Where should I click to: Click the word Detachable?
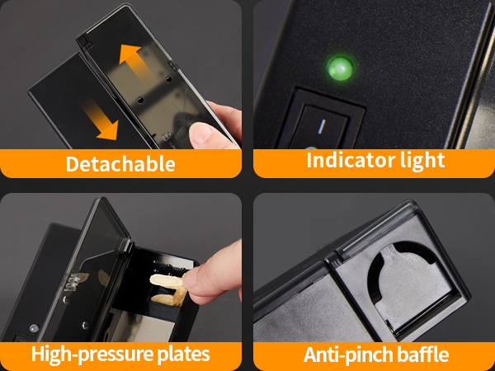[x=120, y=164]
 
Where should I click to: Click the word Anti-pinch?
[x=344, y=355]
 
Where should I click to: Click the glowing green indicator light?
[x=340, y=68]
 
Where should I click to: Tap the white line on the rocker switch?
[x=322, y=126]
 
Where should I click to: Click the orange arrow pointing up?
[x=136, y=63]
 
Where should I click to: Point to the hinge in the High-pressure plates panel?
[x=127, y=246]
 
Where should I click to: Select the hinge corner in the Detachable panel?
[x=82, y=40]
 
